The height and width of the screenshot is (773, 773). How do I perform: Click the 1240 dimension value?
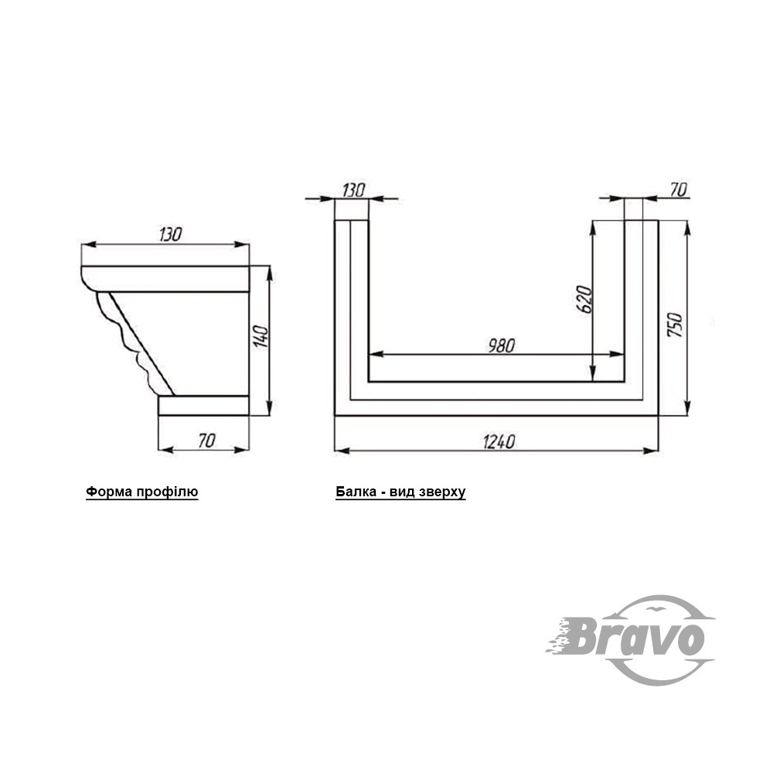(x=499, y=441)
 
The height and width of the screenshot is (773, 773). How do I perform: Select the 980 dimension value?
(x=502, y=346)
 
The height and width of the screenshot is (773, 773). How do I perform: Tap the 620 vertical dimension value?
(x=584, y=298)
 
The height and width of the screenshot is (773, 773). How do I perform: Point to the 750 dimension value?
(x=675, y=325)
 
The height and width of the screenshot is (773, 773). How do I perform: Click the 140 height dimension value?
(x=261, y=336)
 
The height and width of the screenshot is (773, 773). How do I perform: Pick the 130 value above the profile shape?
(x=171, y=234)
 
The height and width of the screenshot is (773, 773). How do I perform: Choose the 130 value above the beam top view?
(x=353, y=190)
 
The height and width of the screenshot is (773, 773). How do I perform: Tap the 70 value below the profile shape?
(x=206, y=441)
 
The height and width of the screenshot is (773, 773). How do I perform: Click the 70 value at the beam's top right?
(x=679, y=189)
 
